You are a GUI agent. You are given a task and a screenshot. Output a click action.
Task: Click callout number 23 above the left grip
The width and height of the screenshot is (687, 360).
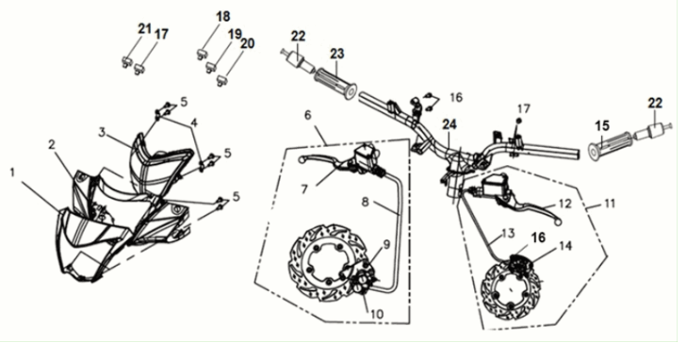pos(337,54)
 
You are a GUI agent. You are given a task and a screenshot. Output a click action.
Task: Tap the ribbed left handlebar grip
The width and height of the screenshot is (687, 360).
pos(336,84)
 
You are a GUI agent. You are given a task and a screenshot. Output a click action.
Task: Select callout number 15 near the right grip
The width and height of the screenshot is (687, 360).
pos(602,126)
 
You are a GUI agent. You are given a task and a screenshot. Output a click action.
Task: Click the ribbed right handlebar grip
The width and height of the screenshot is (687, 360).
pos(611,145)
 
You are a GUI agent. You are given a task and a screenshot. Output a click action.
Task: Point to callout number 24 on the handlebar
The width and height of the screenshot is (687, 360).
pos(450,124)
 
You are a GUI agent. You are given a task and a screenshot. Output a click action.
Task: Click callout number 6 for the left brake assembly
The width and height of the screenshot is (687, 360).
pos(307,115)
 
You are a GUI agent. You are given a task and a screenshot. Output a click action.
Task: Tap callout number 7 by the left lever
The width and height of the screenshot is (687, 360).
pos(304,188)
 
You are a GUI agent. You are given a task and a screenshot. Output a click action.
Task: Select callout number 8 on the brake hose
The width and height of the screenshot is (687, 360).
pos(367,202)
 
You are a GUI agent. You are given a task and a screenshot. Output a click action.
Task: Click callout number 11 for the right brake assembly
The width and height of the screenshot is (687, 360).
pos(609,204)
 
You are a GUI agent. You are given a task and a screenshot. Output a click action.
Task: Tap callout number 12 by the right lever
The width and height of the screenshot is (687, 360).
pos(565,204)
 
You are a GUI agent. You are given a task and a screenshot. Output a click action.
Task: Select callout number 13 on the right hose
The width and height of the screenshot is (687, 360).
pos(508,233)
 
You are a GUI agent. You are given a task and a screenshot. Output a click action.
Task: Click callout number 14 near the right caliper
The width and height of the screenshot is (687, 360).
pos(565,246)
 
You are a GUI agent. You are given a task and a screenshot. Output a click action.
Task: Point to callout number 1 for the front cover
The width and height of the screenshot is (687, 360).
pos(12,173)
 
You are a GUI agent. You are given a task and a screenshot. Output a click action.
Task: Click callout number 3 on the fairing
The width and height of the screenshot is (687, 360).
pos(102,132)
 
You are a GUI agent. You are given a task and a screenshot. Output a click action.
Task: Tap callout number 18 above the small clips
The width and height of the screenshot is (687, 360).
pos(223,17)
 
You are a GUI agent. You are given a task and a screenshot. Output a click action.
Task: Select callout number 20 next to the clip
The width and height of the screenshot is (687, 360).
pos(247,43)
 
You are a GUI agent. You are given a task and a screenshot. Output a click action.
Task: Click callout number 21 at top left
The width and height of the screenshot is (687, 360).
pos(144,29)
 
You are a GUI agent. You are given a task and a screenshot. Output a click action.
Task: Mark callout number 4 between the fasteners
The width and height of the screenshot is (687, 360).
pos(194,123)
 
